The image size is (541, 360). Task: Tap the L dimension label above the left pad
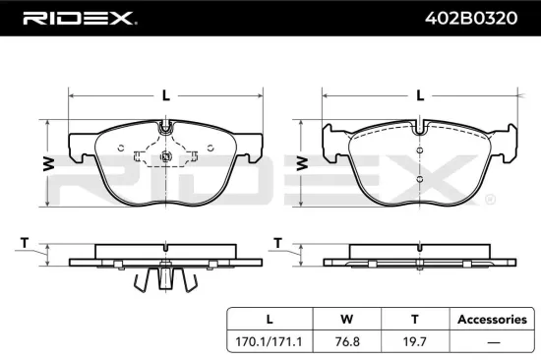pyautogui.click(x=166, y=95)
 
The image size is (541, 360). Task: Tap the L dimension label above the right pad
pyautogui.click(x=420, y=95)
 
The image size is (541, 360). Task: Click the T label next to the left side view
pyautogui.click(x=24, y=243)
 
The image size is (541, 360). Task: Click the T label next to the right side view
pyautogui.click(x=278, y=243)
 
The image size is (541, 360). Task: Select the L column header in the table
pyautogui.click(x=270, y=319)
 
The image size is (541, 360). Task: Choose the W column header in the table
pyautogui.click(x=344, y=319)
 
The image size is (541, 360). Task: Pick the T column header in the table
pyautogui.click(x=414, y=319)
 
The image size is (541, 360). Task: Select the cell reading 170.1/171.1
pyautogui.click(x=270, y=344)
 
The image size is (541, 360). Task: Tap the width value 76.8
pyautogui.click(x=344, y=344)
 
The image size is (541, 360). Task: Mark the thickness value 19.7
pyautogui.click(x=414, y=344)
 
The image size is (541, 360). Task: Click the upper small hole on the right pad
pyautogui.click(x=420, y=150)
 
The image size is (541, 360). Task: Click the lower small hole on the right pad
pyautogui.click(x=420, y=180)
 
